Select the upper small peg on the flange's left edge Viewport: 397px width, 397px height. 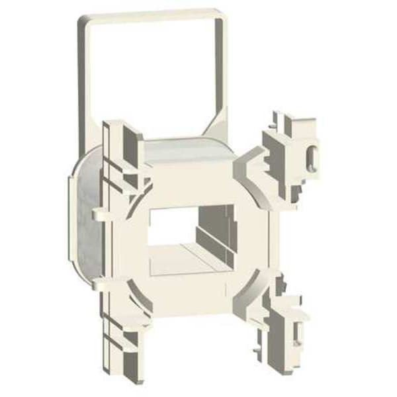pos(97,212)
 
